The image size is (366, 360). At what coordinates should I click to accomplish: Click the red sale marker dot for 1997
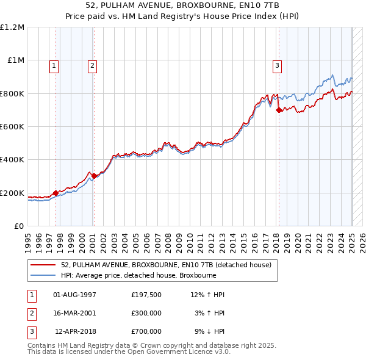click(x=56, y=193)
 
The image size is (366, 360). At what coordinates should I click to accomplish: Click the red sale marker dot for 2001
click(x=94, y=176)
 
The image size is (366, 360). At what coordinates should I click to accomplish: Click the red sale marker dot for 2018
click(x=279, y=110)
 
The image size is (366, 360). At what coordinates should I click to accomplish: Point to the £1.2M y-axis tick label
click(x=12, y=27)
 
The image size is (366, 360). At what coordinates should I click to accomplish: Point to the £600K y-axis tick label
click(x=12, y=127)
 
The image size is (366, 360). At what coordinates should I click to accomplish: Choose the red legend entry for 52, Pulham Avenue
click(x=166, y=265)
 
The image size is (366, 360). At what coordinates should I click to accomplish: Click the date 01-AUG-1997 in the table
click(x=75, y=295)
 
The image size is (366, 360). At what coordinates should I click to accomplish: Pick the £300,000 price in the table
click(x=146, y=313)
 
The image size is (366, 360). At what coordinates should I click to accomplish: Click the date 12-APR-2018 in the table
click(x=75, y=331)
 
